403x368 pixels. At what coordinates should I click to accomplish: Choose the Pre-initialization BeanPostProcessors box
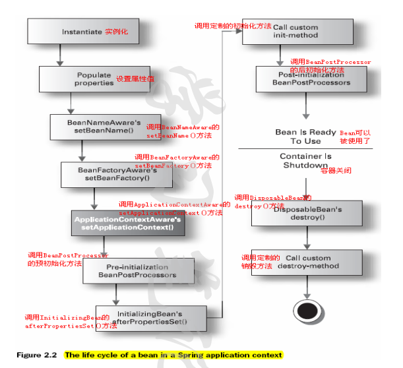[x=138, y=270]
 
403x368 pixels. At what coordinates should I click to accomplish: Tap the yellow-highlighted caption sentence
[x=173, y=355]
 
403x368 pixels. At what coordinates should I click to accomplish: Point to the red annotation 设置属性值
[x=135, y=79]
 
